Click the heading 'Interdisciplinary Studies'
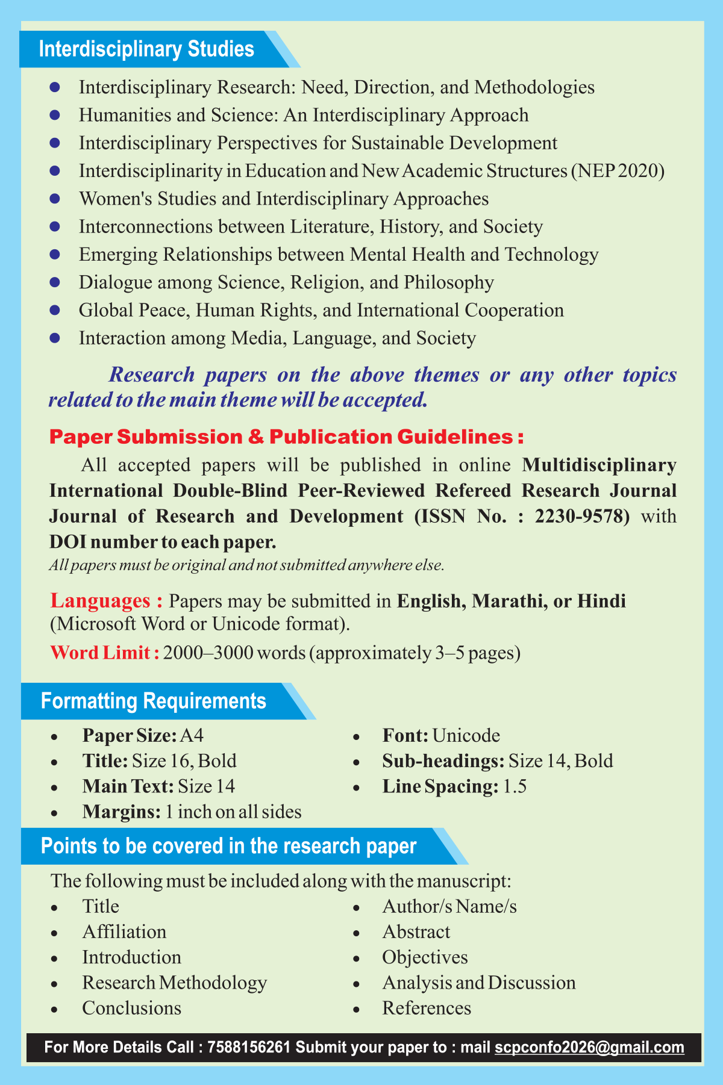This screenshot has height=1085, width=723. [146, 49]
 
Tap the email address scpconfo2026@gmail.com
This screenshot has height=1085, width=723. [589, 1047]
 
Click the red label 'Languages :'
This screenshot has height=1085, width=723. [107, 601]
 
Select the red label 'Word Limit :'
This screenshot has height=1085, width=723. [105, 653]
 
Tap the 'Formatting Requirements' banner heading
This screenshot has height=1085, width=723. [154, 701]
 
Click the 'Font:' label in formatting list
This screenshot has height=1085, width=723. [405, 735]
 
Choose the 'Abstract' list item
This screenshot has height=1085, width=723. [416, 932]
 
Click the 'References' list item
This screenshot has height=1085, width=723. [427, 1008]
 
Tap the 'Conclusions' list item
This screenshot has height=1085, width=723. [131, 1008]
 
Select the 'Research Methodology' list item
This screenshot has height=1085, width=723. [175, 983]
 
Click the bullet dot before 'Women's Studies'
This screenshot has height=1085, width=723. [55, 199]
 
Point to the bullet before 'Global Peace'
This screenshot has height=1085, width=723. [55, 310]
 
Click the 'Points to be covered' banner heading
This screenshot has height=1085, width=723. [228, 846]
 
